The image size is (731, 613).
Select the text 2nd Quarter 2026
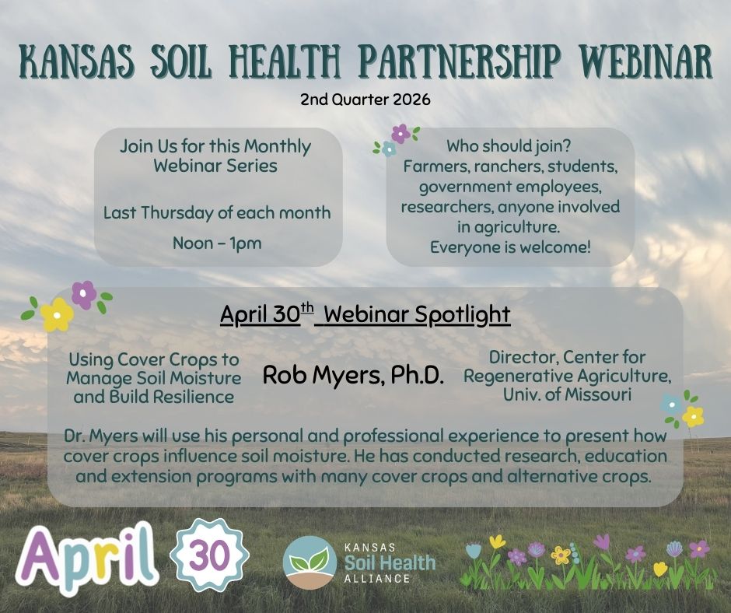[365, 100]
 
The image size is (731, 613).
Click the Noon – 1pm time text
[217, 243]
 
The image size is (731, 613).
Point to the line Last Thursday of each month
[217, 212]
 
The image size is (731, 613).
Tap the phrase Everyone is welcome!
[509, 247]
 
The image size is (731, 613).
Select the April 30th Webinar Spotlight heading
[365, 314]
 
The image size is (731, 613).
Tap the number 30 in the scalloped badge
[208, 555]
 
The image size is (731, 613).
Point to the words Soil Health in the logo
[390, 562]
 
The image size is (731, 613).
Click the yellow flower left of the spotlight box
[57, 314]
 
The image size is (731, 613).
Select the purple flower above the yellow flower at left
[83, 294]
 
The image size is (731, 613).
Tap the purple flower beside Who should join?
[400, 133]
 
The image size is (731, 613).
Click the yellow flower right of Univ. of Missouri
[692, 416]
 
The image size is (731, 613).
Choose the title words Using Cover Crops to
[154, 360]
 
